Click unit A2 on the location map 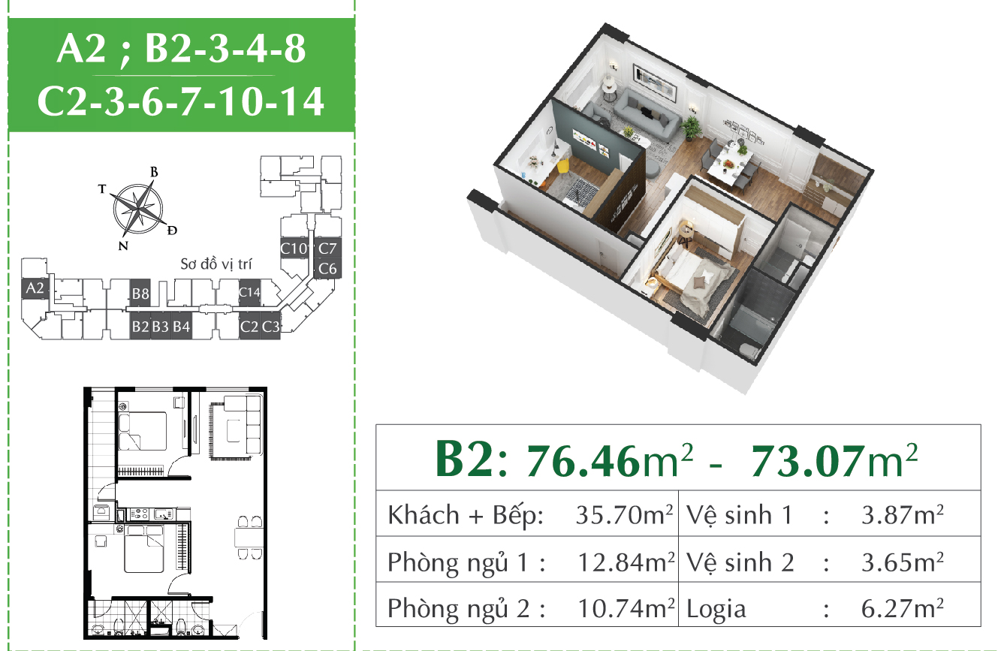tap(35, 288)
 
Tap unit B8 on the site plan tap(140, 293)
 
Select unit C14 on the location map tap(249, 293)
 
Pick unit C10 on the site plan tap(294, 249)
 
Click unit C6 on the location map tap(327, 268)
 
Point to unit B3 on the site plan tap(160, 327)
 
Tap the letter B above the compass tap(154, 172)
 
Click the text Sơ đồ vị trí tap(216, 264)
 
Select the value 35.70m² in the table tap(624, 515)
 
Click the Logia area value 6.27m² tap(903, 608)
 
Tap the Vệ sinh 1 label tap(740, 515)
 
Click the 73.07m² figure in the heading tap(834, 461)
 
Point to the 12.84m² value tap(626, 562)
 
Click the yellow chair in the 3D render tap(564, 168)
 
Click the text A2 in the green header tap(81, 48)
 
